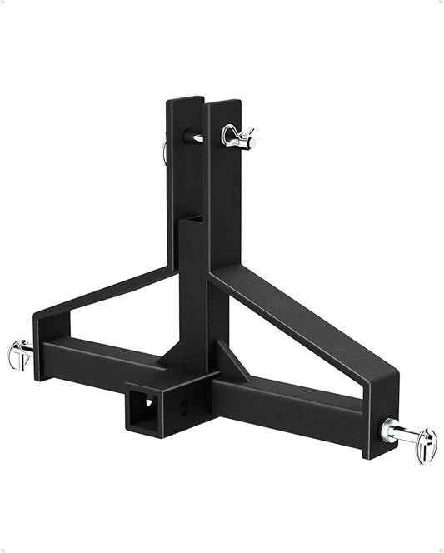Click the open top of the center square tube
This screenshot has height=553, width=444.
[191, 220]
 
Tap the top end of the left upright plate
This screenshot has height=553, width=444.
[184, 102]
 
